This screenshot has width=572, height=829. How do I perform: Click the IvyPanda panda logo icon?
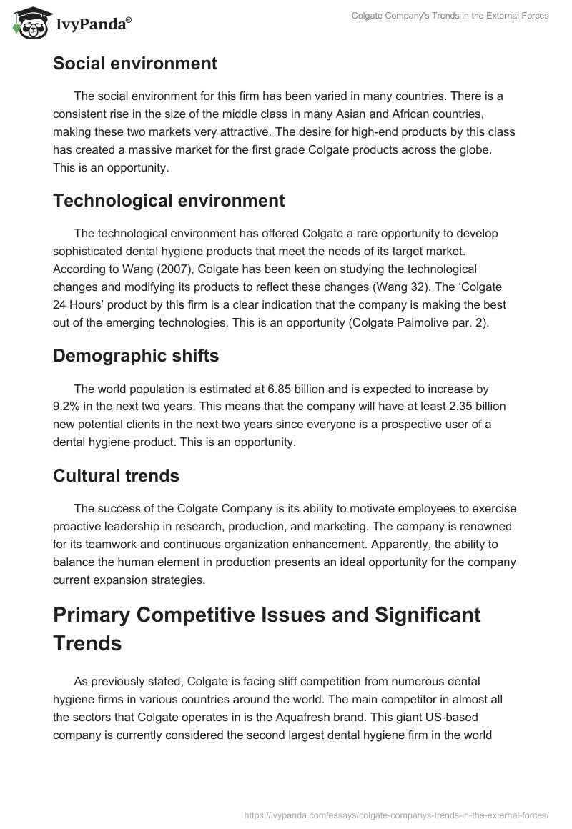coord(27,24)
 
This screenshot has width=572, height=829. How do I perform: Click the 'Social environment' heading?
coord(135,63)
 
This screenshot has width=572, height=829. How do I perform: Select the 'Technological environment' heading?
coord(169,200)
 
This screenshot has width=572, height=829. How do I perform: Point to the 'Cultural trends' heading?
coord(116,475)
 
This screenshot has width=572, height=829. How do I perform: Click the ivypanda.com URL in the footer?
coord(396,814)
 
